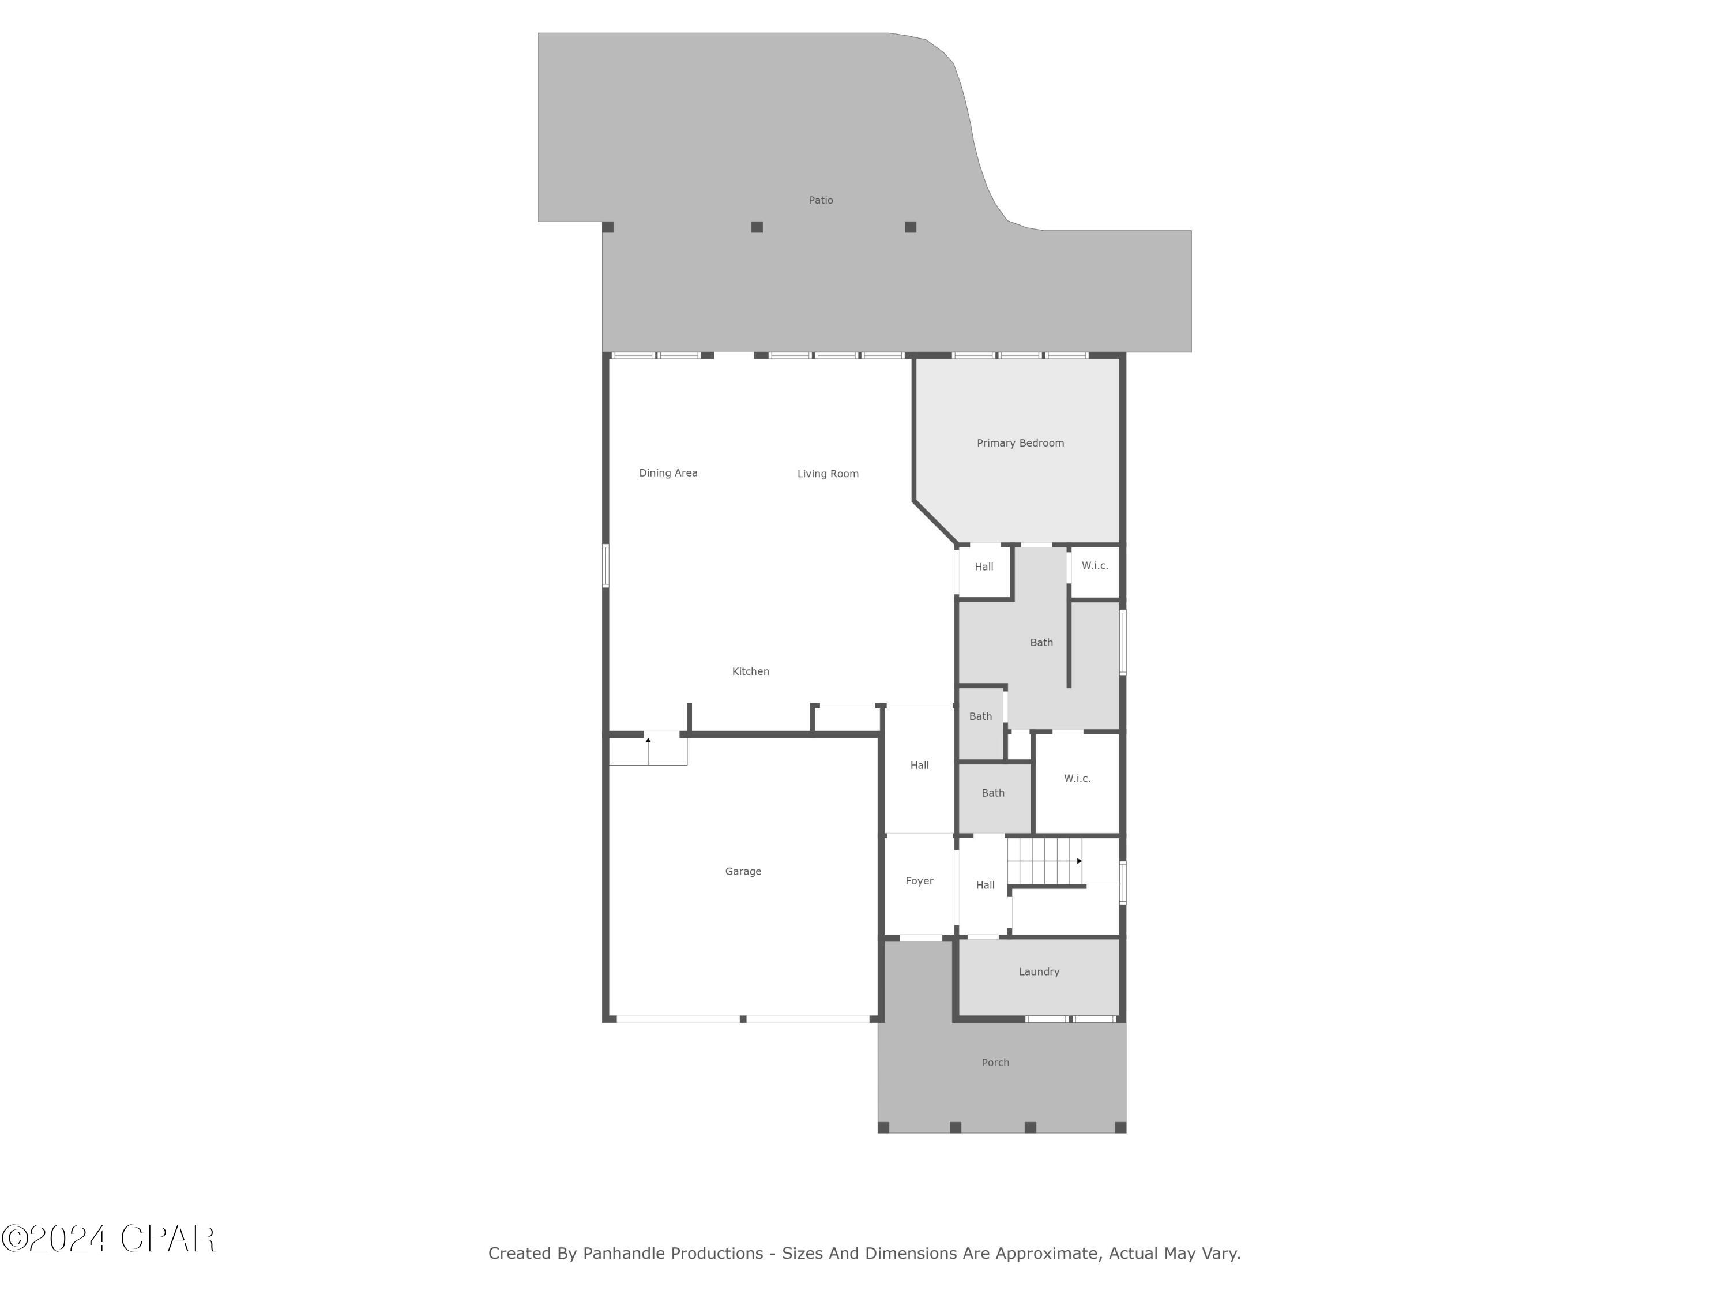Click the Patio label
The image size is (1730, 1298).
click(x=821, y=200)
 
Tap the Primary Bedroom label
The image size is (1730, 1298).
click(x=1020, y=443)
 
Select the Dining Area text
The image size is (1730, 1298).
click(x=668, y=472)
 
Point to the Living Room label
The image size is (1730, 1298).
click(x=828, y=474)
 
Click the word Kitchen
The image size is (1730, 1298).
click(x=750, y=671)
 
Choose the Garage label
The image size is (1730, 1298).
click(x=743, y=871)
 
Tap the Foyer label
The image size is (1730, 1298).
click(x=919, y=881)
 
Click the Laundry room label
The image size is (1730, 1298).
click(x=1039, y=971)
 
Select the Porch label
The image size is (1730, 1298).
click(x=995, y=1063)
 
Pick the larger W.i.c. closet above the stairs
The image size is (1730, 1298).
click(x=1077, y=778)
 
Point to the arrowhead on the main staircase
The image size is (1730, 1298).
click(x=1080, y=861)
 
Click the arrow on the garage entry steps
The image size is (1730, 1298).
click(x=648, y=751)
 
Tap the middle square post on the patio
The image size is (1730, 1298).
click(x=756, y=227)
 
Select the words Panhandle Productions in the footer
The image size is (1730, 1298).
click(x=672, y=1254)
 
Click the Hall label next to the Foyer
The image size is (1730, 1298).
click(x=985, y=885)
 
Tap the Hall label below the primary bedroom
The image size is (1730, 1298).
click(x=984, y=567)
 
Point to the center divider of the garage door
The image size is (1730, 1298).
click(x=743, y=1019)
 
